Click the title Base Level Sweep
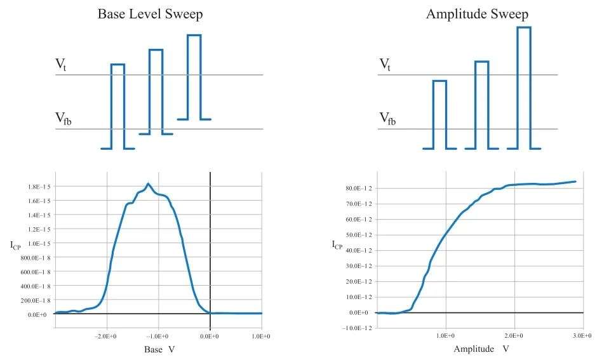point(151,14)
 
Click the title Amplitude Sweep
point(467,14)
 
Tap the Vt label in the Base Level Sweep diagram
point(61,64)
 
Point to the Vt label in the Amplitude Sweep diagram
point(385,64)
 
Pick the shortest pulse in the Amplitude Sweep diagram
point(439,114)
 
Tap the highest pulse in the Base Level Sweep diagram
point(194,76)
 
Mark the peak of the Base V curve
point(148,184)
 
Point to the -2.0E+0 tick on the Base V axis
point(107,335)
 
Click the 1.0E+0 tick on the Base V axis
point(261,335)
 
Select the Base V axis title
point(159,349)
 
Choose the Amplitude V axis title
point(481,349)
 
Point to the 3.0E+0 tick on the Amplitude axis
point(582,335)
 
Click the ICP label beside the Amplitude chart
point(338,245)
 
